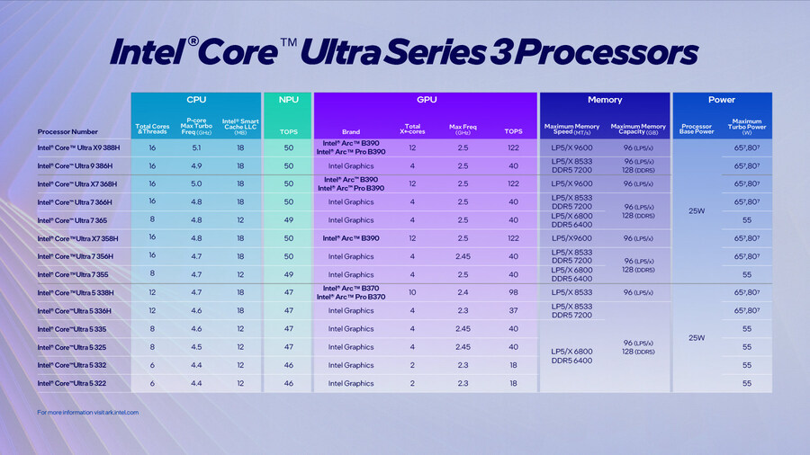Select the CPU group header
pos(195,100)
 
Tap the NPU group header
pos(287,100)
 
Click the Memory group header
pos(604,100)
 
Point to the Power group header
pos(721,100)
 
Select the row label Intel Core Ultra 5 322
pos(74,383)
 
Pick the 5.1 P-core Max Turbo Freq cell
pos(195,147)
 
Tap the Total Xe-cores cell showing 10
pos(412,292)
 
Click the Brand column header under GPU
pos(351,131)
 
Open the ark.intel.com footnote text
pos(88,412)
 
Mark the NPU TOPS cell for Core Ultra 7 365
pos(287,220)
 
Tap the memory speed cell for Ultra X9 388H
pos(571,147)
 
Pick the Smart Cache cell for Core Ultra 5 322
pos(239,383)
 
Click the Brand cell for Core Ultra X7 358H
pos(351,238)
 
